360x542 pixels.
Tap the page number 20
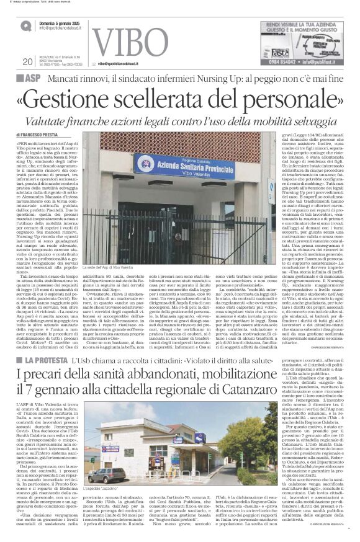[x=27, y=61]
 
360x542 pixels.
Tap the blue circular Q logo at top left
[x=25, y=25]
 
